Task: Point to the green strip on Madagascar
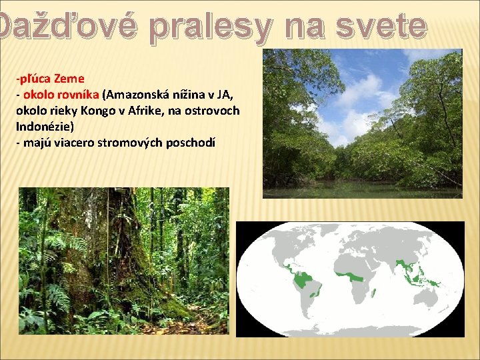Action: pyautogui.click(x=375, y=292)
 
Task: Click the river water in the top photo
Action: pyautogui.click(x=360, y=190)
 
